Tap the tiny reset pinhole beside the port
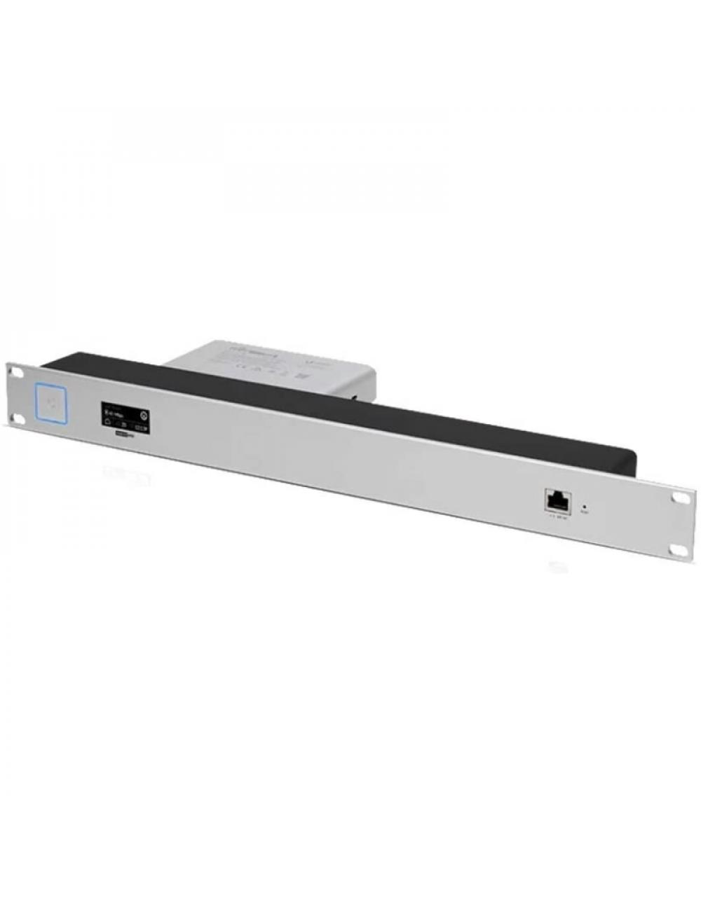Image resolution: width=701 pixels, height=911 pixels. [x=585, y=505]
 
